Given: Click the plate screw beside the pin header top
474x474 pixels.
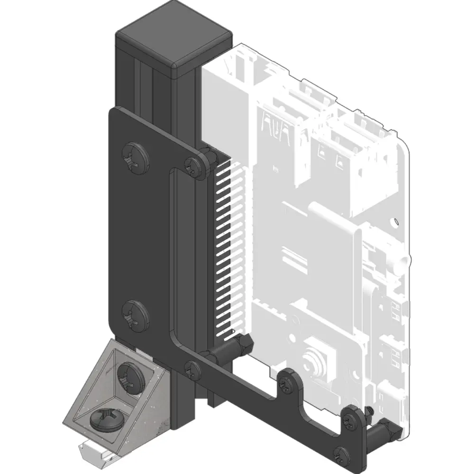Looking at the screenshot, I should (194, 165).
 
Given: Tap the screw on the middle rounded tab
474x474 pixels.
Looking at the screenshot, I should (287, 383).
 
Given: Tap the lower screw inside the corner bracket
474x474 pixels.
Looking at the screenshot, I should (106, 419).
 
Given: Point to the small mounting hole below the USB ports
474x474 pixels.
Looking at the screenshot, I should (395, 221).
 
